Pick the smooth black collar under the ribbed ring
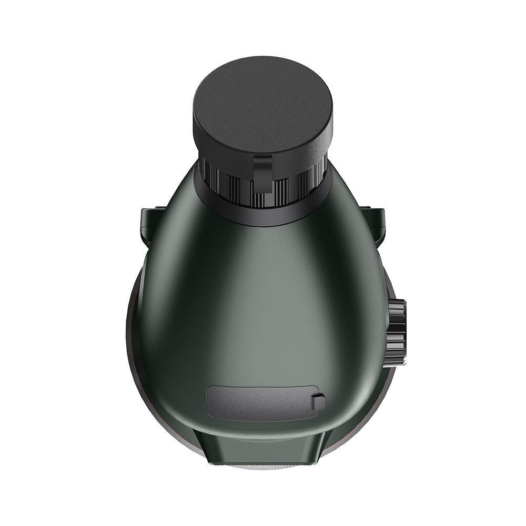(x=263, y=216)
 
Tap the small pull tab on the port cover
(x=318, y=402)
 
